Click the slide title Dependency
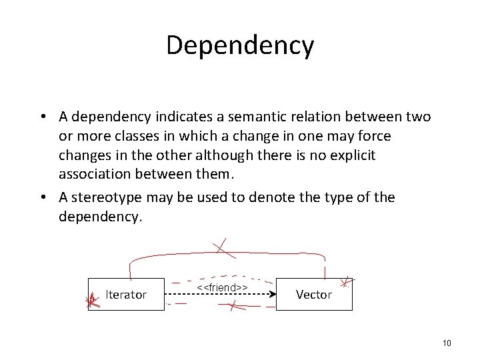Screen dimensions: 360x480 239,45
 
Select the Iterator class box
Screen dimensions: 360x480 126,294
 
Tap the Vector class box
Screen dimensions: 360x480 313,294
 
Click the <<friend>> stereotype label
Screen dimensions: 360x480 223,287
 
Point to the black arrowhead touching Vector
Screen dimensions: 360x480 273,294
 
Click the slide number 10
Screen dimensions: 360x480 446,343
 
